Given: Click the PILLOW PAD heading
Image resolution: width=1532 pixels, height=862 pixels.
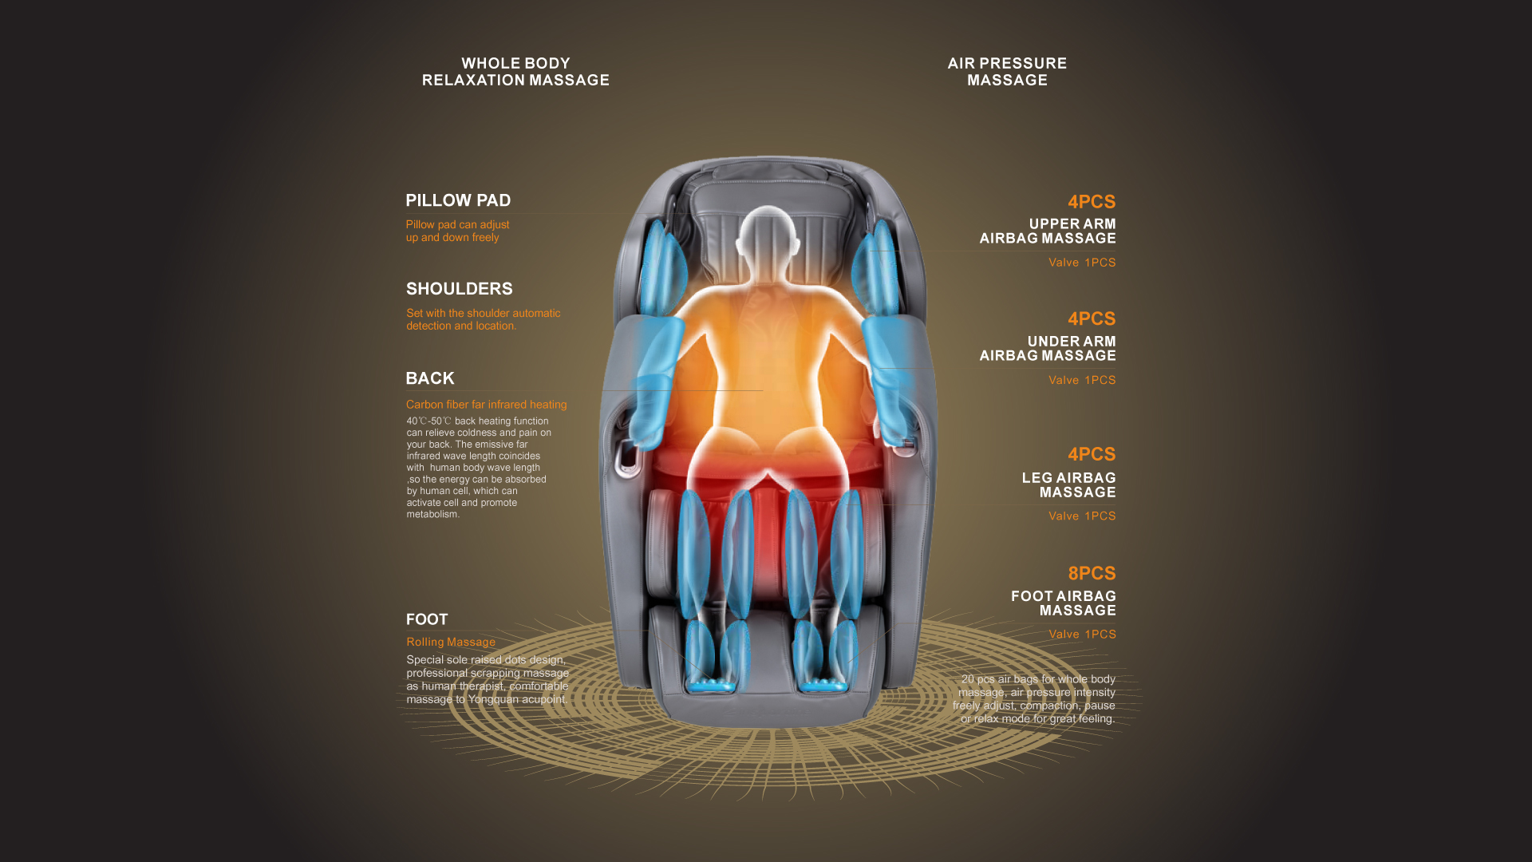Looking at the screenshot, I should pos(457,200).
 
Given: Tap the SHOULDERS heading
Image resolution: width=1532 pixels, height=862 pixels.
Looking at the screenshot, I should pos(459,289).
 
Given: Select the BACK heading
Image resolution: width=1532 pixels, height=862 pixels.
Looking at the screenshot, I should pos(429,378).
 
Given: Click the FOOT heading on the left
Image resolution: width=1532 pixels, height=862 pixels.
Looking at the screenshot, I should pos(427,619).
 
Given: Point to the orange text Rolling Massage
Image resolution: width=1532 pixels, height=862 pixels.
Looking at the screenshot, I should pos(450,642).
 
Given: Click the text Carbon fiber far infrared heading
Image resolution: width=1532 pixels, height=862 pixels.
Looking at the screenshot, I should pos(486,405).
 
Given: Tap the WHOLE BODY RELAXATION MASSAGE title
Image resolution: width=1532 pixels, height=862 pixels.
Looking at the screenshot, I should pos(515,72).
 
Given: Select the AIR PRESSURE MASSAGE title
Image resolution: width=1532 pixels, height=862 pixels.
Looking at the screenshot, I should pos(1007,72).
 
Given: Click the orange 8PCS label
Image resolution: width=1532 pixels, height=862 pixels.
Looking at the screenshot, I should pos(1092,573).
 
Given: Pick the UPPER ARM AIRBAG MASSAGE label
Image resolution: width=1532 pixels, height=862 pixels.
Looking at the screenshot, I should pos(1048,231).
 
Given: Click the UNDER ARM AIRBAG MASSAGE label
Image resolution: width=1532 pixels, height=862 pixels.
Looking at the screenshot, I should pos(1048,348).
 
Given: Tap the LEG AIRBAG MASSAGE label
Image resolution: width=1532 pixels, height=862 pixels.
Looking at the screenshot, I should pos(1068,484).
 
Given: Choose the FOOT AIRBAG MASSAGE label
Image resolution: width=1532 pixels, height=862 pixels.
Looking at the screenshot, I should pos(1063,603).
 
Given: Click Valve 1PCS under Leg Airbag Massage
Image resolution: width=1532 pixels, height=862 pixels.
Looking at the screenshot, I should pos(1082,516).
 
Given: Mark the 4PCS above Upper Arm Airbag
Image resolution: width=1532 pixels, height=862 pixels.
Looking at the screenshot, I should pos(1092,202).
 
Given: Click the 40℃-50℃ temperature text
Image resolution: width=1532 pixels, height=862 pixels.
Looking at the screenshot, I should pos(428,421).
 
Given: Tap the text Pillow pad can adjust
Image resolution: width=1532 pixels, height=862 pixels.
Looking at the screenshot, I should pos(457,225).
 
